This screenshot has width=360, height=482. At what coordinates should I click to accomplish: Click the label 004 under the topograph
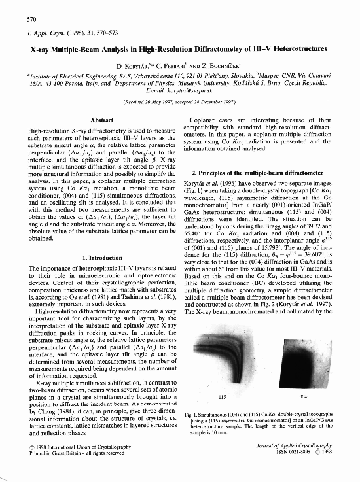[x=302, y=396]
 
